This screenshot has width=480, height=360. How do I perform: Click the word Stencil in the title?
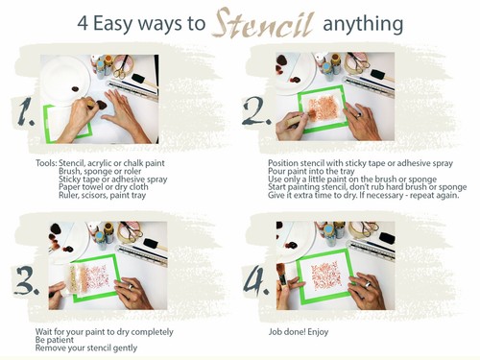coord(263,23)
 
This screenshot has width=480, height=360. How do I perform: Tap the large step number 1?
coord(26,111)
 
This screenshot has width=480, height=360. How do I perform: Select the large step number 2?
coord(256,111)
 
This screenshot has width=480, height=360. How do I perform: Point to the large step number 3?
coord(27,280)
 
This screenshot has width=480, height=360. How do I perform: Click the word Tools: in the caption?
coord(46,163)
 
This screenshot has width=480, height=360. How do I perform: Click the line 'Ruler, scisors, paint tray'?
coord(102,195)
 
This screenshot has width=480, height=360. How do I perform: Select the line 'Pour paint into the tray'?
coord(311,171)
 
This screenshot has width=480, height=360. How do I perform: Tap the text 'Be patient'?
coord(55,340)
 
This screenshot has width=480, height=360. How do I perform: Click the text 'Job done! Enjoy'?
coord(299,332)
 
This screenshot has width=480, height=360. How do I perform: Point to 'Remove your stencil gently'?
coord(86,348)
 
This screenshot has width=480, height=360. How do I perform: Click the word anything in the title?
coord(363,24)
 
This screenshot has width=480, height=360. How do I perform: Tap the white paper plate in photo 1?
coord(65,80)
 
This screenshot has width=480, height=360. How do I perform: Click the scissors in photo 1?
coord(121,67)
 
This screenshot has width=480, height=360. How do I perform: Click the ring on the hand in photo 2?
coord(360,115)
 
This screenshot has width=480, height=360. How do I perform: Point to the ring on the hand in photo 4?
coord(368,284)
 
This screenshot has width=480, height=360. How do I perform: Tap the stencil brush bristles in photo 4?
coord(281,271)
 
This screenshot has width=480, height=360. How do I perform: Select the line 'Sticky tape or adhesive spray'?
coord(113,179)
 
